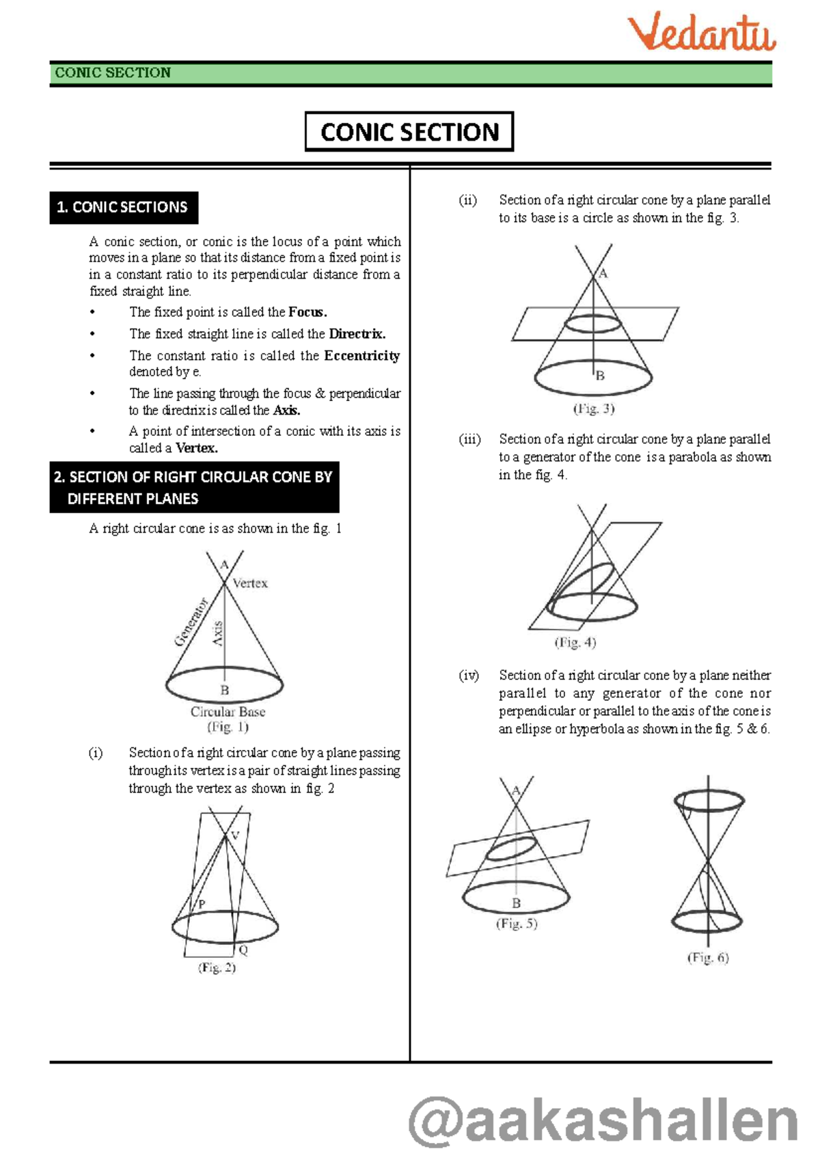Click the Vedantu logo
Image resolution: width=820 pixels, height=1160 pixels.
point(701,33)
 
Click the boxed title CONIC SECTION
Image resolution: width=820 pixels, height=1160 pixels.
point(409,132)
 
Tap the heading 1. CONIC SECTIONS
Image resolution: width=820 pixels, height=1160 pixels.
point(123,207)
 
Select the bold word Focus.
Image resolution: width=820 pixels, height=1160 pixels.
point(307,312)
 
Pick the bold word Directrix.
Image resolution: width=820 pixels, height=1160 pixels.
point(357,334)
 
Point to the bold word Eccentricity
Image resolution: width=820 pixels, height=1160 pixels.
point(361,356)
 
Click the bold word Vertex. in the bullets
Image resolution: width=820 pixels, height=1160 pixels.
point(196,448)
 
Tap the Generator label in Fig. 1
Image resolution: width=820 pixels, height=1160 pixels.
point(191,622)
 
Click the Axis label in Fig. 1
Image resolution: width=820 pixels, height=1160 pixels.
point(218,633)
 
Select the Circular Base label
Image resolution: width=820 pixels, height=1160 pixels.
point(228,712)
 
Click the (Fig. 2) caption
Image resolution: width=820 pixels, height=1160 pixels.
point(217,967)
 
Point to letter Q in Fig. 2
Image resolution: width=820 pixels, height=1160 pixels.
point(243,950)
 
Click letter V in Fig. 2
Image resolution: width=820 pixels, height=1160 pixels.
point(235,836)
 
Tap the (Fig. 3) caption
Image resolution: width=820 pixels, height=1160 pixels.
point(593,409)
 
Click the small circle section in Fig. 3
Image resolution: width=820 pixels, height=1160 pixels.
point(592,324)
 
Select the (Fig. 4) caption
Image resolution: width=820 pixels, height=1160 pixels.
point(575,642)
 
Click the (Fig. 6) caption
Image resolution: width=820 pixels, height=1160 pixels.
point(707,958)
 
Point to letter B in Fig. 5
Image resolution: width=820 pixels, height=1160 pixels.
point(516,903)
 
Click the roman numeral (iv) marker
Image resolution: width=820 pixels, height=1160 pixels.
point(469,676)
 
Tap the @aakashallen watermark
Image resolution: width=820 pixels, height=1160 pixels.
point(603,1120)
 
